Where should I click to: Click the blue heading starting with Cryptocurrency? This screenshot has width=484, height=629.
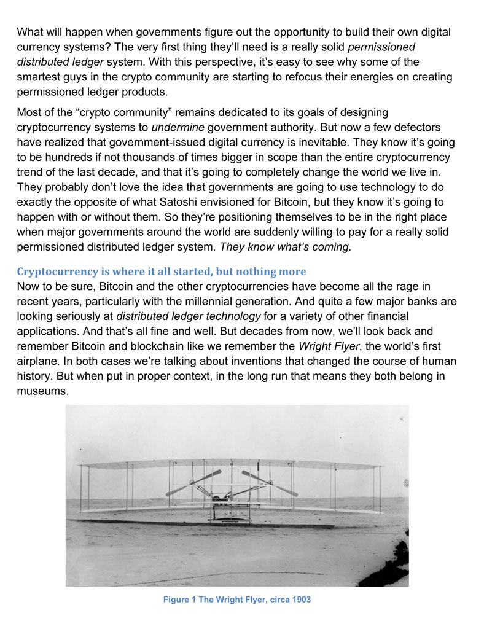162,272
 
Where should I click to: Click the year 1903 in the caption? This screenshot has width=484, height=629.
299,600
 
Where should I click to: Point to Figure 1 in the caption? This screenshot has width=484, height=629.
176,600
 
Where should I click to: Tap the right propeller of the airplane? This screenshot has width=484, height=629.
270,482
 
